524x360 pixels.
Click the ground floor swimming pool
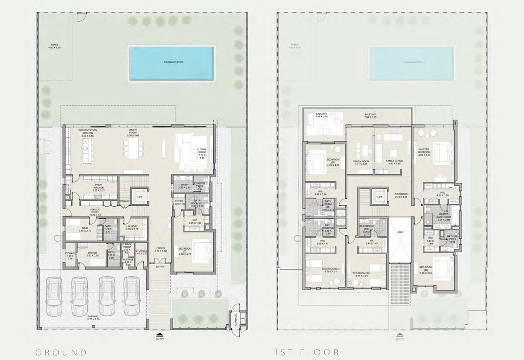pos(171,63)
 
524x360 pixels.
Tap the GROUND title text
pos(61,352)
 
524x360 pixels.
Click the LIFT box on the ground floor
pos(140,197)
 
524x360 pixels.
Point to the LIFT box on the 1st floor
pos(379,197)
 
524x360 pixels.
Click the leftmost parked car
pos(53,296)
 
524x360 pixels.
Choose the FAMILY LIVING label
pos(395,161)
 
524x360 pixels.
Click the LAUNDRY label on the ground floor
pos(132,226)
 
